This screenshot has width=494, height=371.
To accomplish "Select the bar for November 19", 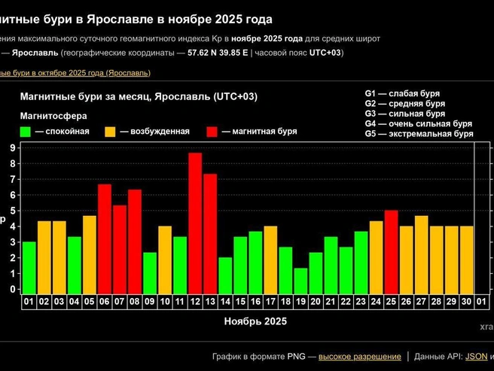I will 300,281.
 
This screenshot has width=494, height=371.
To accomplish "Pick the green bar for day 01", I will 29,267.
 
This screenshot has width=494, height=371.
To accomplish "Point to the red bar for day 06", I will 105,239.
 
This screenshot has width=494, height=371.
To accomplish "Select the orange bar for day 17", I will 270,260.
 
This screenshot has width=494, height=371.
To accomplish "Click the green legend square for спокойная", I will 26,131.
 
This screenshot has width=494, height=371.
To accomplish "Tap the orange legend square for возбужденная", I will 110,131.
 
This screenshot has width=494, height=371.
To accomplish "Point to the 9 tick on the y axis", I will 13,148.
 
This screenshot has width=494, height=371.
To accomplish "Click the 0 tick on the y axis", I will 13,289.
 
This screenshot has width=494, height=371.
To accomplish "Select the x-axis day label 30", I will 466,303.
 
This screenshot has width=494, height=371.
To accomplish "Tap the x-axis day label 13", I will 210,303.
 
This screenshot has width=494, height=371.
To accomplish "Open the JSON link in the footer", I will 476,356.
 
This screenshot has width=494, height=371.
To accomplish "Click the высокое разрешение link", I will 360,356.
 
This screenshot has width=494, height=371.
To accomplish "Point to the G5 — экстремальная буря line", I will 419,134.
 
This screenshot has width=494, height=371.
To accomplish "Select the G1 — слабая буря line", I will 402,93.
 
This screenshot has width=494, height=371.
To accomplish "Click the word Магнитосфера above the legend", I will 53,116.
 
